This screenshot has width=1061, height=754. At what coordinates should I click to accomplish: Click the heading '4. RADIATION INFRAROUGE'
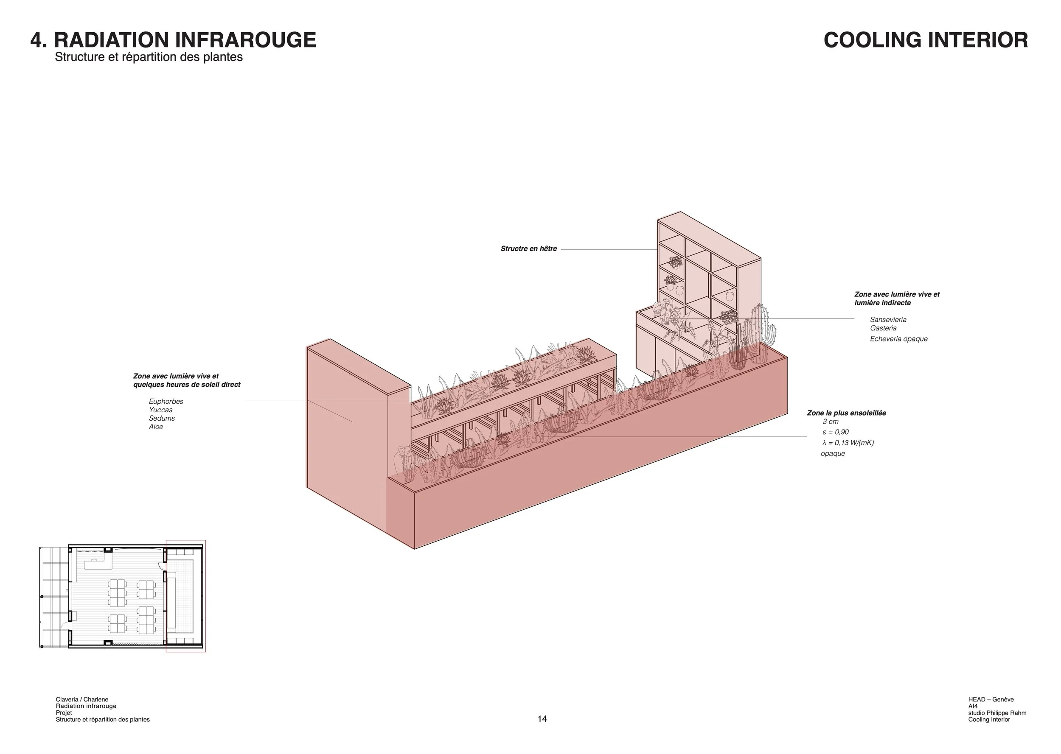click(x=173, y=40)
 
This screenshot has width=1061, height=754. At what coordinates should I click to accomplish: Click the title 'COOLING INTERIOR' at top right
click(x=925, y=40)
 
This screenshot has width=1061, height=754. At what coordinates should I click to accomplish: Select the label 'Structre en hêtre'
click(x=529, y=249)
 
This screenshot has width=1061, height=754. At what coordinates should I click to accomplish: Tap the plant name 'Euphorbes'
click(x=166, y=402)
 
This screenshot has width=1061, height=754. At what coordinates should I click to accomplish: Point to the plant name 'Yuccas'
click(x=161, y=410)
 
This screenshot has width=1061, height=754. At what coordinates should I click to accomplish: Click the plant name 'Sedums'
click(x=162, y=418)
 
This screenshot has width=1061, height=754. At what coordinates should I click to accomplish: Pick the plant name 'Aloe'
click(x=156, y=427)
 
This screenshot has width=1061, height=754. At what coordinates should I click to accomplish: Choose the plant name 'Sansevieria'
click(x=888, y=320)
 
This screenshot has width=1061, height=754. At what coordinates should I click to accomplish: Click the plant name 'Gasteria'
click(x=883, y=328)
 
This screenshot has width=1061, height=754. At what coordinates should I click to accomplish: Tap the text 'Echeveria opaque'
click(x=898, y=339)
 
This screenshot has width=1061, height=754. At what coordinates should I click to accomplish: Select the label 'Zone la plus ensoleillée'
click(x=846, y=413)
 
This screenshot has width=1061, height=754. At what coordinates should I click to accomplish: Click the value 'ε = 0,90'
click(x=835, y=432)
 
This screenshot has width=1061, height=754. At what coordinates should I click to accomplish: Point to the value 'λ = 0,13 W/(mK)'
click(x=848, y=443)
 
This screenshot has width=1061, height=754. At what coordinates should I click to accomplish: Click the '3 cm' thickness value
click(x=831, y=422)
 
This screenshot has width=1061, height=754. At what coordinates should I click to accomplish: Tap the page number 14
click(x=542, y=719)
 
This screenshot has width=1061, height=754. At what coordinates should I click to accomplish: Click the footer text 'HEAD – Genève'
click(x=991, y=700)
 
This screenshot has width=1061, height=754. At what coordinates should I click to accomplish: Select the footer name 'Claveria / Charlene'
click(x=82, y=700)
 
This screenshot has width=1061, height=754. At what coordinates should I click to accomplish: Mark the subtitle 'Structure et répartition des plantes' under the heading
click(x=149, y=57)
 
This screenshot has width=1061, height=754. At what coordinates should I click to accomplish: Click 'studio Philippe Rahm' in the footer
click(x=997, y=713)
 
